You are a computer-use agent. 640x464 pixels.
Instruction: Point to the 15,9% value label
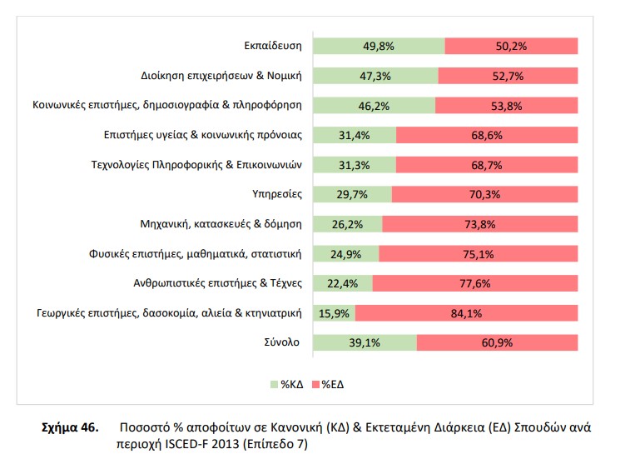point(344,313)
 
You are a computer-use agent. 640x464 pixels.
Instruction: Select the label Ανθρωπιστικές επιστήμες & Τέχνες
point(218,283)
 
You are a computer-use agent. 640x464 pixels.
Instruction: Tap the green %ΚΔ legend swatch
point(275,384)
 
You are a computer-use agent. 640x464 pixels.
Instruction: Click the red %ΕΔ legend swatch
point(316,384)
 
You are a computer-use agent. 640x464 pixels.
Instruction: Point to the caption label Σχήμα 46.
point(70,427)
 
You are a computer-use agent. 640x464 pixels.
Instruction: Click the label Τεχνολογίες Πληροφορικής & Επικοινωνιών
point(196,165)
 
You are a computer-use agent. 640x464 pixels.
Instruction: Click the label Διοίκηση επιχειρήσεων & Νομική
point(221,76)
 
